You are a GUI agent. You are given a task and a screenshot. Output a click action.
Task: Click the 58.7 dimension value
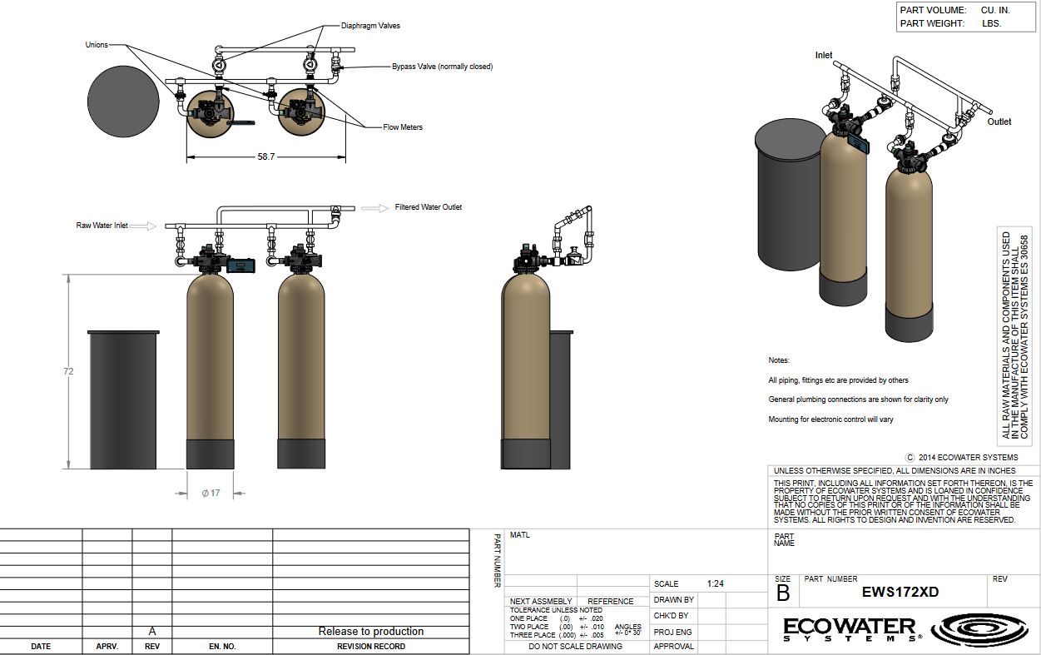coord(265,156)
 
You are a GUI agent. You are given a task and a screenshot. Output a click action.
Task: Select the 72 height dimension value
coord(68,371)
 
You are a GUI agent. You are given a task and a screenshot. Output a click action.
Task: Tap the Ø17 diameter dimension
coord(211,493)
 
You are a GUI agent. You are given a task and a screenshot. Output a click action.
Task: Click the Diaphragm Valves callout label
coord(370,26)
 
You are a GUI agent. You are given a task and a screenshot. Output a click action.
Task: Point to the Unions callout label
coord(97,45)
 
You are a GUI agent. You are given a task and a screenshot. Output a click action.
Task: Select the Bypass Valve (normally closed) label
coord(442,67)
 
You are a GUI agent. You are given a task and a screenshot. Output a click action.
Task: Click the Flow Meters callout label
coord(403,127)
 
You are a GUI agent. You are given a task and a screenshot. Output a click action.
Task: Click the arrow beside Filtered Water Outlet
coord(375,208)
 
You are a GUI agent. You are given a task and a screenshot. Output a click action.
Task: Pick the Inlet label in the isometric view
coord(824,55)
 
